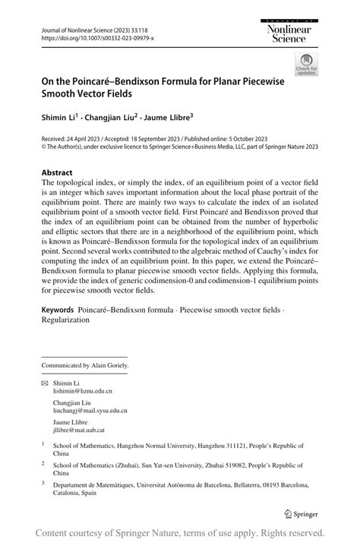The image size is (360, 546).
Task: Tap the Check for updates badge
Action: [x=306, y=65]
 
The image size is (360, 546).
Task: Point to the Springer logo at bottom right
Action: [x=300, y=513]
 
